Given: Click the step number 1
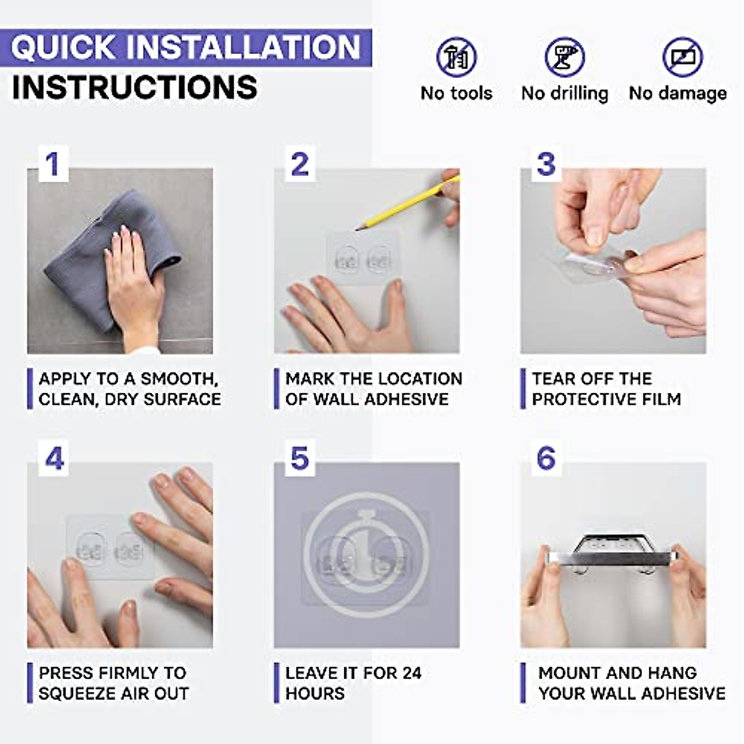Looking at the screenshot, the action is pos(53,164).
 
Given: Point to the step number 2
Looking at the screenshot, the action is pos(300,164).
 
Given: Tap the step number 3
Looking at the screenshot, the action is pos(547,164).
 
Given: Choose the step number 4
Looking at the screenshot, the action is pos(55,459).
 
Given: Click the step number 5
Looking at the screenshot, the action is pos(300,459).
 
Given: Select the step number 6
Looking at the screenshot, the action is pos(547,459).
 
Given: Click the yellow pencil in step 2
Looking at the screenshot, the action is pos(407,203).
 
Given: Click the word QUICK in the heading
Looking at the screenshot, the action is pos(63,48).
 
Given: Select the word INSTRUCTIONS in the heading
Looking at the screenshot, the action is pos(135,87).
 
